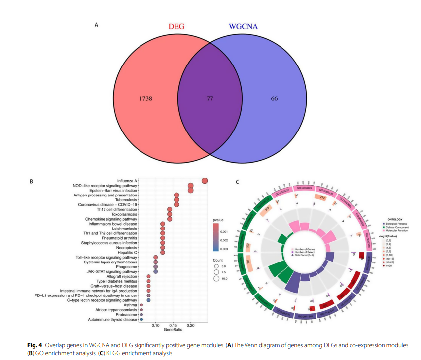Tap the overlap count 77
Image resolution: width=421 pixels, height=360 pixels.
210,98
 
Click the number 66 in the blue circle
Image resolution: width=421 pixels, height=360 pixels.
274,98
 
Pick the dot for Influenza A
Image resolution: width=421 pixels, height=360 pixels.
204,180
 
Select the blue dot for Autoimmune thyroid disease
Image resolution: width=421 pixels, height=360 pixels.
141,319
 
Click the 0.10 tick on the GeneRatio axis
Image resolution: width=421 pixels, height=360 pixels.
155,326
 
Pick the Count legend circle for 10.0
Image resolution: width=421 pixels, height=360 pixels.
216,278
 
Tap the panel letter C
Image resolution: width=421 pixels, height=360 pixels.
238,181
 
